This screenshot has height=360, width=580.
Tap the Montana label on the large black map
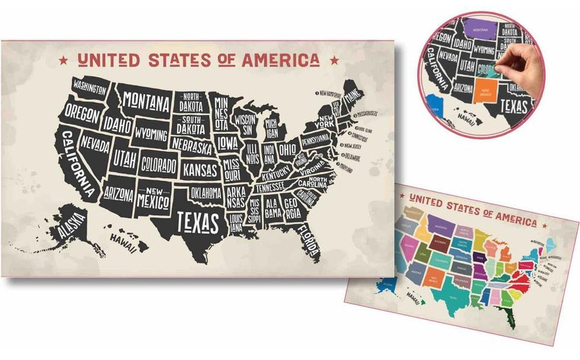[x=146, y=103]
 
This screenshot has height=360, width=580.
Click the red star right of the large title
[x=333, y=59]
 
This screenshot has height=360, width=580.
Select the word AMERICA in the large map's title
[x=280, y=60]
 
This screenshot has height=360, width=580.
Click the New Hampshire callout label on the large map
[x=331, y=93]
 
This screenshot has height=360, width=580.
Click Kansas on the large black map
[x=200, y=169]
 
